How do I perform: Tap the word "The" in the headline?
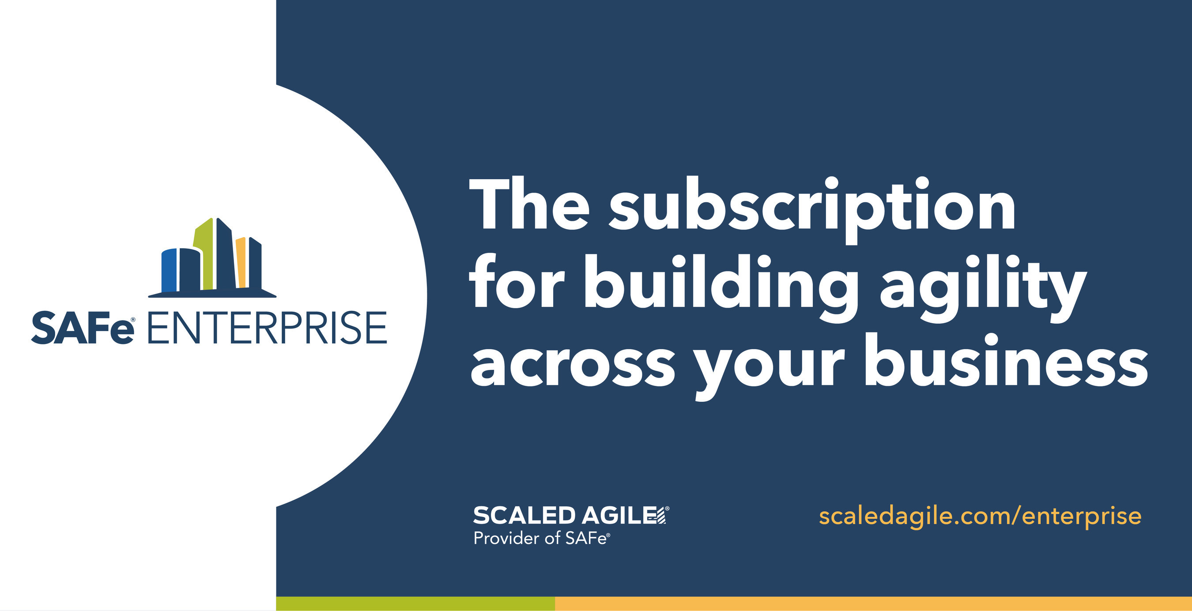(529, 203)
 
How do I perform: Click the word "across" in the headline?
(573, 365)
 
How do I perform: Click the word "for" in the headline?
(517, 281)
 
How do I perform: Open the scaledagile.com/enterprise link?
(980, 516)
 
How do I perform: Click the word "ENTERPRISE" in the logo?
(268, 328)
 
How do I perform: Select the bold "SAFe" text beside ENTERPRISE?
(83, 328)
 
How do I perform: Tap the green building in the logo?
(204, 254)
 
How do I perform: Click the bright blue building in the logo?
(170, 270)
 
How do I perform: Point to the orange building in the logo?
(241, 262)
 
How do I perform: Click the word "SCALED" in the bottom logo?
(524, 515)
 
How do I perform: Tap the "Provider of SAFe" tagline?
(542, 538)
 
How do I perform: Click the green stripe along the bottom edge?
(415, 603)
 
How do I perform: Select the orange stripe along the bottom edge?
(874, 603)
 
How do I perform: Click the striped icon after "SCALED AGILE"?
(661, 515)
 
